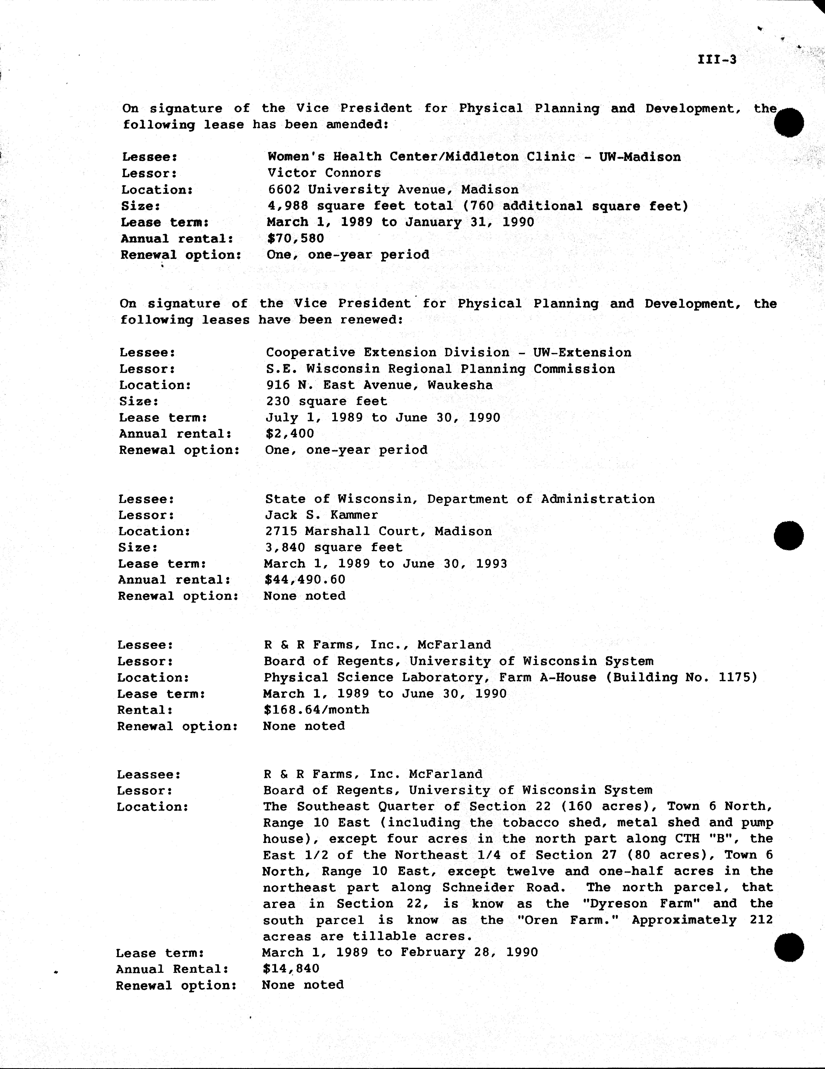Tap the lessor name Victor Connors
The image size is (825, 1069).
tap(324, 173)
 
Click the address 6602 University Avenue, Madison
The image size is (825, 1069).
tap(392, 189)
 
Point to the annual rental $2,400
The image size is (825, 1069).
tap(290, 434)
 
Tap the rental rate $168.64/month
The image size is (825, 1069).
tap(316, 710)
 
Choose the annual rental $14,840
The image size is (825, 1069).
tap(291, 969)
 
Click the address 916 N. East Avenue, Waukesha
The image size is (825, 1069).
tap(379, 385)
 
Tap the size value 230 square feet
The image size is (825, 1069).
tap(326, 401)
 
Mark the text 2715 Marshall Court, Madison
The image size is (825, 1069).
tap(378, 532)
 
